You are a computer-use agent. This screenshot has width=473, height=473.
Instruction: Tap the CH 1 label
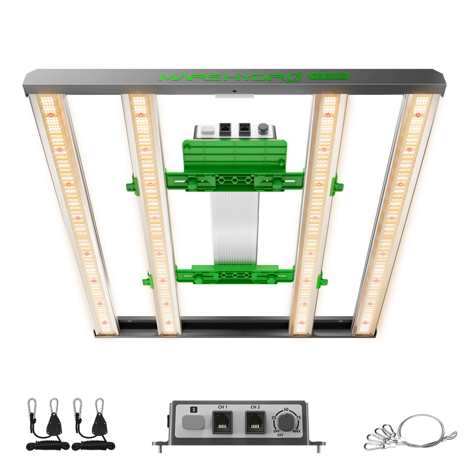coord(223,407)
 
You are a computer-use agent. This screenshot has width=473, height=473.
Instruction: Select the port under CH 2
coord(255,423)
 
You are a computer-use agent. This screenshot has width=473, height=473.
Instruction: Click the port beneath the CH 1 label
coord(222,423)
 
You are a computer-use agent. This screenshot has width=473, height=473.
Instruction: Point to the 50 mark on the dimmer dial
coord(286,409)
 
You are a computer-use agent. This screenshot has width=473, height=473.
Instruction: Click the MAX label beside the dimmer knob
coord(296,431)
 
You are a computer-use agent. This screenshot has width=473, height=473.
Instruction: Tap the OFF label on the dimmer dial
coord(276,431)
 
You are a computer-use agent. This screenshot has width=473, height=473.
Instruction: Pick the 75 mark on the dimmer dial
coord(298,417)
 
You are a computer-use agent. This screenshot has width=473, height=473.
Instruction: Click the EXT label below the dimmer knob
coord(280,435)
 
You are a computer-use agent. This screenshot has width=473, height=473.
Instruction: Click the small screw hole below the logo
coord(234,91)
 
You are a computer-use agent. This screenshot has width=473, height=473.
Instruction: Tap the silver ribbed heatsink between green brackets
coord(235,227)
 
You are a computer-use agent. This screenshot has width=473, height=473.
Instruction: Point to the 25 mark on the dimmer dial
coord(274,418)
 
